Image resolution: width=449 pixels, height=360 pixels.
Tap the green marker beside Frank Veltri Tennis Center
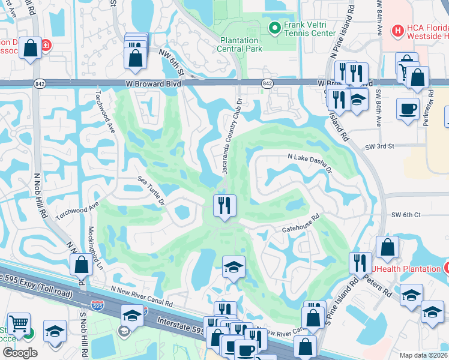(x=275, y=28)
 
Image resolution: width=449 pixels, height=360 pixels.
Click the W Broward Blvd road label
(x=153, y=84)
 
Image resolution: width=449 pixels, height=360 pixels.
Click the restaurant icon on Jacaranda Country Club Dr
(x=225, y=206)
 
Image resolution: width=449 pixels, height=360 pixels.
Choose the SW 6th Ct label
(x=406, y=215)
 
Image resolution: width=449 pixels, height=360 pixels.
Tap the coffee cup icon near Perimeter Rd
(x=408, y=109)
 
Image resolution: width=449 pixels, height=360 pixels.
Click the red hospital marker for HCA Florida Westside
(x=397, y=30)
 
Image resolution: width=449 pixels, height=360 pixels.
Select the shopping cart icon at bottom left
(x=19, y=325)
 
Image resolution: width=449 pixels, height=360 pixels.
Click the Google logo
(x=20, y=353)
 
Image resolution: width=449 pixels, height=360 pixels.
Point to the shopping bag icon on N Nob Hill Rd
(x=81, y=264)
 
